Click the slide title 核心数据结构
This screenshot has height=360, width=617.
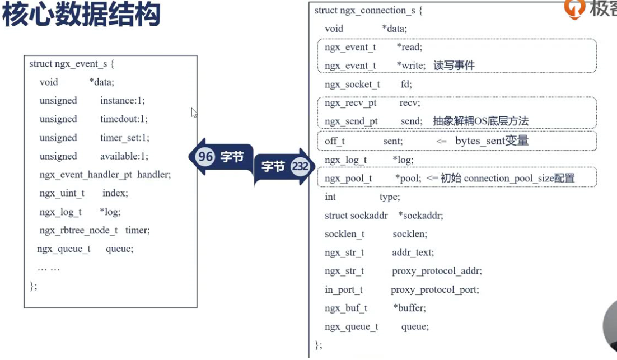81,14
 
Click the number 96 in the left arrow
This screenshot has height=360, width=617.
205,157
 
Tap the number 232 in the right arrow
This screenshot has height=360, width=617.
300,166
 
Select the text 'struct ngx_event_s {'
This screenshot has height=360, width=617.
72,64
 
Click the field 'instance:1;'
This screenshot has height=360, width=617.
123,101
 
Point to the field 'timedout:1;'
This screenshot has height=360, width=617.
124,119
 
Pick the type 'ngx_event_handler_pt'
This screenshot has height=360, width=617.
86,175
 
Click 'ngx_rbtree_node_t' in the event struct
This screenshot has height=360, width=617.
79,231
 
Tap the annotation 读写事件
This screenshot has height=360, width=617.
454,66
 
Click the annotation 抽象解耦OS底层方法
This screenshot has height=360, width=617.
480,121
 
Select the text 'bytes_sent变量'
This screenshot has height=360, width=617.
492,141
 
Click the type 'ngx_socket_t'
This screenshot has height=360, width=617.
352,85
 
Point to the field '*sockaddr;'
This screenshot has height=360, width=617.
420,216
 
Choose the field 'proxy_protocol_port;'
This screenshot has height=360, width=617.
435,290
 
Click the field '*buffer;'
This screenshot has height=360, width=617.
410,308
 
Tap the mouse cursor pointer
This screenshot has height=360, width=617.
194,113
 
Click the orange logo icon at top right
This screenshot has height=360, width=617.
574,8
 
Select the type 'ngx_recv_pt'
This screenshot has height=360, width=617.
350,103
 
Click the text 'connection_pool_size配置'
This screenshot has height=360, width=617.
519,179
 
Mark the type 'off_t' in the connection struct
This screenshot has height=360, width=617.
334,141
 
